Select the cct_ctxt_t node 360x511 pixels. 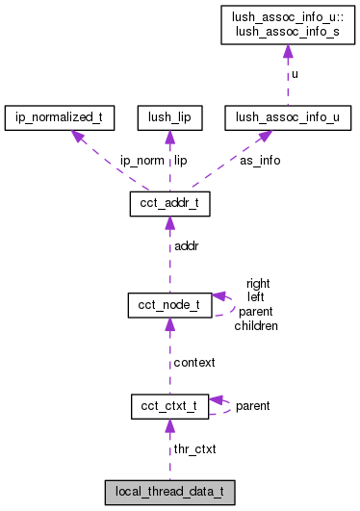click(169, 406)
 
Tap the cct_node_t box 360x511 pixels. click(169, 305)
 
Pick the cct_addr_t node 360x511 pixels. click(169, 204)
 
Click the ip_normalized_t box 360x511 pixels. click(60, 118)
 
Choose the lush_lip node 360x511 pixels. click(169, 118)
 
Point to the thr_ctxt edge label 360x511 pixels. click(194, 448)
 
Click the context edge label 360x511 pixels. click(194, 362)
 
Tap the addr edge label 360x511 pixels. click(186, 247)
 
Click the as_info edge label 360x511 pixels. click(260, 161)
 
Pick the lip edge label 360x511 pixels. click(180, 161)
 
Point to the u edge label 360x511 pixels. click(294, 73)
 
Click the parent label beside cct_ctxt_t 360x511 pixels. click(252, 406)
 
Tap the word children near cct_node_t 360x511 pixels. click(256, 326)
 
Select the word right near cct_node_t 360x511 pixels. click(258, 283)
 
